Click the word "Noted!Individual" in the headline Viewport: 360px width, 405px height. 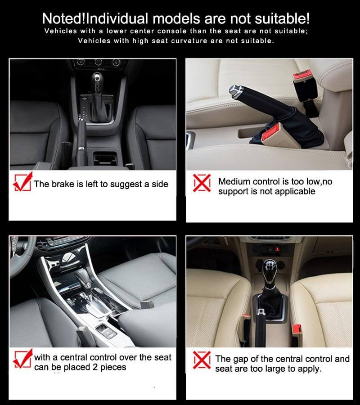point(95,18)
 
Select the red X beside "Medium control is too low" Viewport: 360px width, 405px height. point(202,183)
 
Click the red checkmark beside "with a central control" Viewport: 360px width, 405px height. point(23,359)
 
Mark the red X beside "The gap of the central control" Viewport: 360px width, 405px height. point(202,360)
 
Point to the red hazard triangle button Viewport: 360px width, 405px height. point(278,249)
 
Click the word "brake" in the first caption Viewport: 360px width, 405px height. point(63,184)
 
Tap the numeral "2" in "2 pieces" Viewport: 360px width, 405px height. point(95,367)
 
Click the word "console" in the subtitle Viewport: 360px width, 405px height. point(172,31)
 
